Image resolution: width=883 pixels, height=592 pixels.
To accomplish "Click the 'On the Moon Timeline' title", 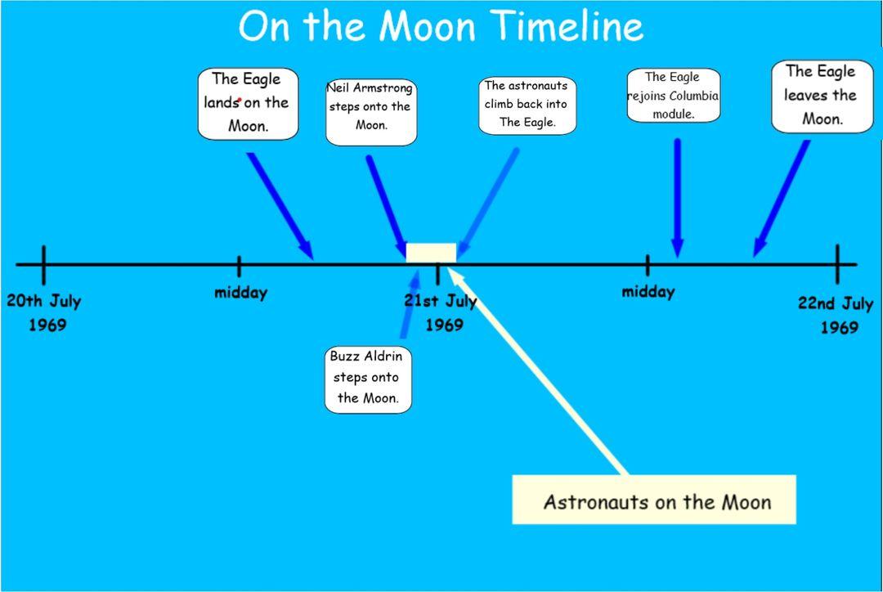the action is (441, 26).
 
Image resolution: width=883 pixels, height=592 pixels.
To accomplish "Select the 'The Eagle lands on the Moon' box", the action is (248, 104).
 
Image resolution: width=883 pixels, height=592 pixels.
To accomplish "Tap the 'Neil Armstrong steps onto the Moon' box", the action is (371, 112).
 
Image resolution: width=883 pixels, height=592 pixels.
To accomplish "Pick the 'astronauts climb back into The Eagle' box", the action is (527, 106).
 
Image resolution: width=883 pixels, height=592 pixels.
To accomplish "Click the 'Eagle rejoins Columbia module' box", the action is (674, 95).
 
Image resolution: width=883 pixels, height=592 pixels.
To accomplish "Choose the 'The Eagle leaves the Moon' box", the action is (822, 96).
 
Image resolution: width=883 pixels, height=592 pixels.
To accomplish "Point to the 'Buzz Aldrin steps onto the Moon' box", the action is (368, 379).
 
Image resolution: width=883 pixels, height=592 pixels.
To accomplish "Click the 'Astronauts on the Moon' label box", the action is (654, 500).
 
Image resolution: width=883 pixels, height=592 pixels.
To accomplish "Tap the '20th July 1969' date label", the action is (44, 312).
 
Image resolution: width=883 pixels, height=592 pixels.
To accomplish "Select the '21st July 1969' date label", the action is (441, 312).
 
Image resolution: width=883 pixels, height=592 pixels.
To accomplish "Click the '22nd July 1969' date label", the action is (836, 315).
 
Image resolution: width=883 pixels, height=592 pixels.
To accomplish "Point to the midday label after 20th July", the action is (241, 293).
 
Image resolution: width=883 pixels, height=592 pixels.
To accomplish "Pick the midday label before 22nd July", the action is (648, 292).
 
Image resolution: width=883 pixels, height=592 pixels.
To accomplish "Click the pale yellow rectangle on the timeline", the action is (431, 253).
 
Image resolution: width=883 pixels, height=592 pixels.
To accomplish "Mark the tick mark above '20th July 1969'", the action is (44, 265).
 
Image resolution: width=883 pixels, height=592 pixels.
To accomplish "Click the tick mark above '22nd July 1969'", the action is (837, 264).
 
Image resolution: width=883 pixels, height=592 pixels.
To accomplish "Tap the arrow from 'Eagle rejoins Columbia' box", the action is (678, 198).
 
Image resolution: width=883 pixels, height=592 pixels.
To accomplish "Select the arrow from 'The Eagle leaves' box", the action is (781, 198).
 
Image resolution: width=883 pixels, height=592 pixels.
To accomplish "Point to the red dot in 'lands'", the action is (240, 101).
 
